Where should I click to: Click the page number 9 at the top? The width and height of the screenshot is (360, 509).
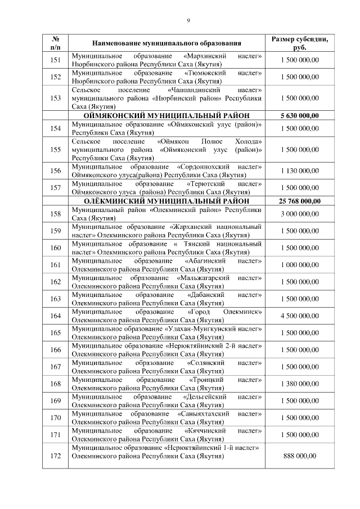[x=188, y=21]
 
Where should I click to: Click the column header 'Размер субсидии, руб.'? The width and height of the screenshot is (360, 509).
[x=299, y=43]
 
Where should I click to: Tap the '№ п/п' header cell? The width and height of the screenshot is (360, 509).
[x=56, y=43]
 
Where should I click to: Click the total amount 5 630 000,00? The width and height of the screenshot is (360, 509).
[x=299, y=116]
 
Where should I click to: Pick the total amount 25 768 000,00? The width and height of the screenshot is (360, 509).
[x=299, y=201]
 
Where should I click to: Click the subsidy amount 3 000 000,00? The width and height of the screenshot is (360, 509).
[x=299, y=214]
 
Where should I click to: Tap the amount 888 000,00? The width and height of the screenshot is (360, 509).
[x=299, y=456]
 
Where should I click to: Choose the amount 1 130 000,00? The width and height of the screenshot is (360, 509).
[x=299, y=171]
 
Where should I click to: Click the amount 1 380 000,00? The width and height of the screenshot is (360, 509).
[x=299, y=384]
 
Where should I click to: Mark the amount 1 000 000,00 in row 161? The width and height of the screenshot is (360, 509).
[x=299, y=264]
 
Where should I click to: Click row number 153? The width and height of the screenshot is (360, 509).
[x=56, y=98]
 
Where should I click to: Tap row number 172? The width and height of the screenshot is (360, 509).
[x=56, y=456]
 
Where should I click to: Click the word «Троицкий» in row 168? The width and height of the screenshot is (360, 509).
[x=206, y=380]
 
